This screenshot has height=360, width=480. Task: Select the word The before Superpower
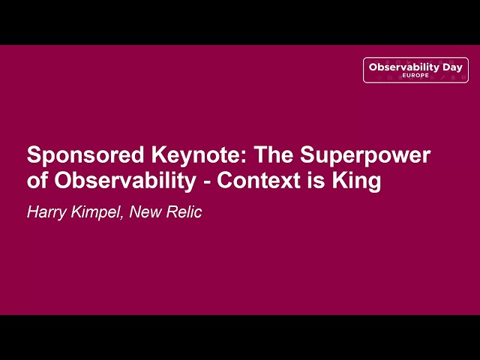pos(274,156)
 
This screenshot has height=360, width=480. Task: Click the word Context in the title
pos(262,181)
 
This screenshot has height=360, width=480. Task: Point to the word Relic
pos(184,212)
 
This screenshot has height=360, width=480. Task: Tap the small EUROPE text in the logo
pos(415,76)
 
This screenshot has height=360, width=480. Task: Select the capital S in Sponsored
pos(34,156)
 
